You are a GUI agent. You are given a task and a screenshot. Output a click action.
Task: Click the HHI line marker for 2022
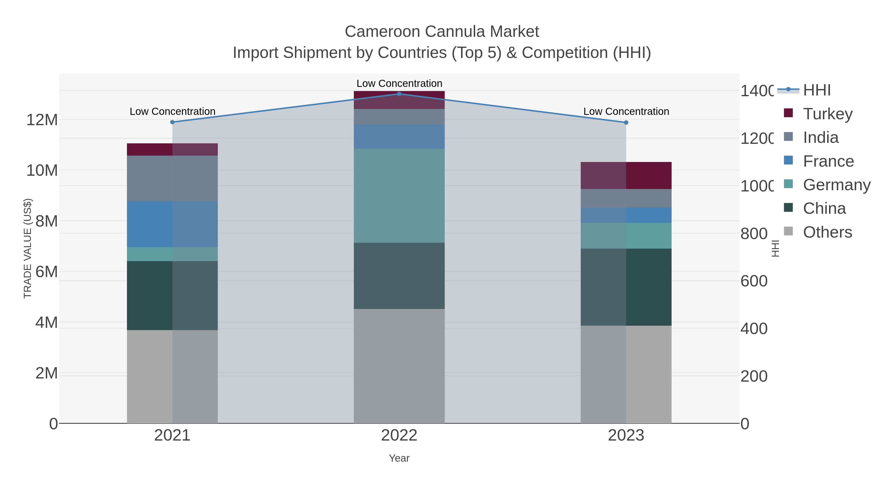(399, 94)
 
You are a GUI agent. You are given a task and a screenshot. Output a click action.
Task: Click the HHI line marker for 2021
(172, 122)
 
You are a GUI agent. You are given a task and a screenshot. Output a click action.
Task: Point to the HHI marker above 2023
(626, 122)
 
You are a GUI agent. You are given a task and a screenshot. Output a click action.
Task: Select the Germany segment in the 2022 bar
(399, 196)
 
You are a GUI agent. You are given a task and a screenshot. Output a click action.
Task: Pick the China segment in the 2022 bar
(399, 276)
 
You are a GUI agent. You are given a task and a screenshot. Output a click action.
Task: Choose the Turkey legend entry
(827, 114)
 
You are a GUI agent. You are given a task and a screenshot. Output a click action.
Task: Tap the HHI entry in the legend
(817, 90)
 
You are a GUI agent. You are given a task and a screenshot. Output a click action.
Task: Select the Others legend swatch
(788, 231)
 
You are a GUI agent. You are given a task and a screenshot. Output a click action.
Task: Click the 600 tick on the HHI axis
(754, 281)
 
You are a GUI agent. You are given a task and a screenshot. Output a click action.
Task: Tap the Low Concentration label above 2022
(399, 83)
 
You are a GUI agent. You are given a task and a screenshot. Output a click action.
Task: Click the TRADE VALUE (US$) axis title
(28, 248)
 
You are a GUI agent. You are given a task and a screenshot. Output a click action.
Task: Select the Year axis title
(399, 458)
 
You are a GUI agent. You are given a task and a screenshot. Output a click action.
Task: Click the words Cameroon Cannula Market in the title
(442, 32)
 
